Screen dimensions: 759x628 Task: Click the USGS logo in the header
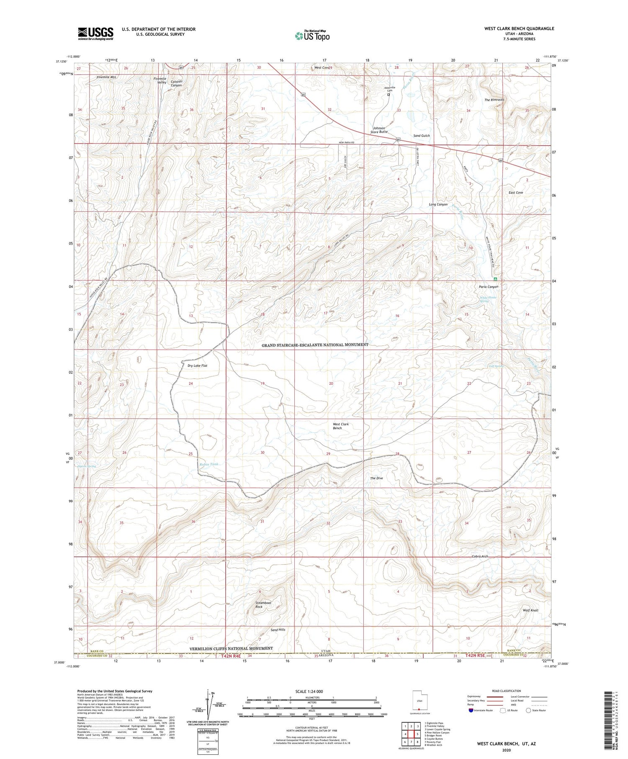pos(95,33)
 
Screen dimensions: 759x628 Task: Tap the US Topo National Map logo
pos(312,36)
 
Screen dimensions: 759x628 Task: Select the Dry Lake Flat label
pos(197,365)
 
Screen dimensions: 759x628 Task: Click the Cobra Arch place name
pos(480,556)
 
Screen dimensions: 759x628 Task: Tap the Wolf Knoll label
pos(530,610)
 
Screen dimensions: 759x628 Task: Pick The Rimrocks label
pos(494,100)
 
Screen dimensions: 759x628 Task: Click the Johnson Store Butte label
pos(379,130)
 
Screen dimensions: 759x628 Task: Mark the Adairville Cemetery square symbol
pos(389,95)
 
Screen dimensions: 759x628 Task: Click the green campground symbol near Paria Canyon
pos(495,279)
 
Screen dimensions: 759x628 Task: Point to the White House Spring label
pos(488,299)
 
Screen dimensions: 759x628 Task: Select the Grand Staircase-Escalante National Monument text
pos(315,345)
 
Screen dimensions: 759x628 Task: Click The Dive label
pos(376,478)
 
